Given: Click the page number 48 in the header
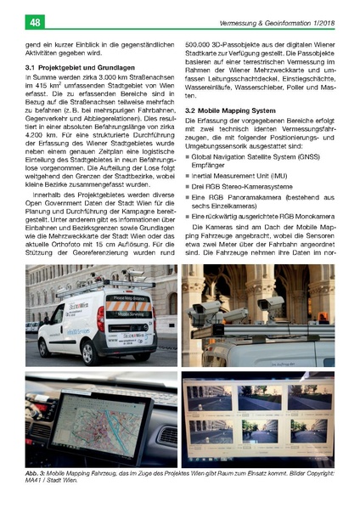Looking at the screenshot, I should pyautogui.click(x=14, y=21).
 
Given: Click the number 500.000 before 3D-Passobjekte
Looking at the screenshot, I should pyautogui.click(x=200, y=43).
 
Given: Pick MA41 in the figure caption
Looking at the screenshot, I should pyautogui.click(x=36, y=481).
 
